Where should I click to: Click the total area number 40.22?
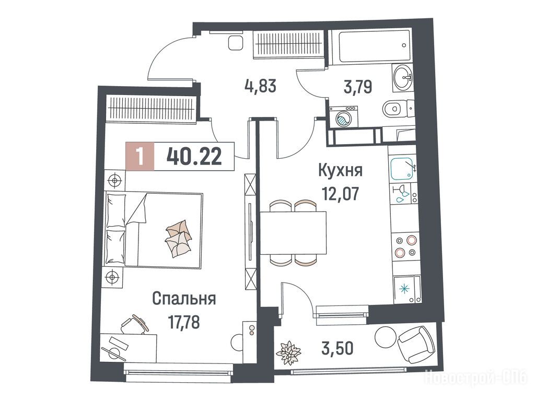coord(194,157)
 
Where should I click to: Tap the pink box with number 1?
coord(140,156)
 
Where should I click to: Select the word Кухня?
coord(340,171)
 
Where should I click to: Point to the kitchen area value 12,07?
coord(341,194)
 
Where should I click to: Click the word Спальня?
coord(184,299)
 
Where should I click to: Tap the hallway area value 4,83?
coord(260,86)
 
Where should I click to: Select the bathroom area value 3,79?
coord(357,87)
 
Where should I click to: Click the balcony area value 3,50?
coord(338,348)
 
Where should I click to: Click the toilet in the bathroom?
coord(398,109)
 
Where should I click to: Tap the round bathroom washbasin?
coord(403,77)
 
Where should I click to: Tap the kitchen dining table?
coord(293,233)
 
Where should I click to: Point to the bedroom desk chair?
coord(134,324)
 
